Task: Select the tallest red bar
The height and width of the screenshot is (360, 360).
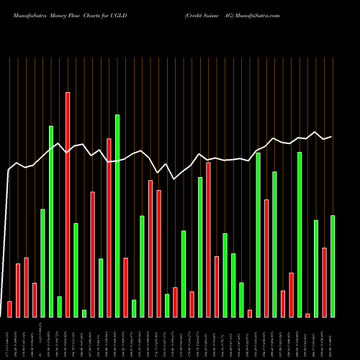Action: (x=68, y=204)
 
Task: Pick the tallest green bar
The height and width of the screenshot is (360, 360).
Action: (x=117, y=215)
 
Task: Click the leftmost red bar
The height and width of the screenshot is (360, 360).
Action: (x=9, y=309)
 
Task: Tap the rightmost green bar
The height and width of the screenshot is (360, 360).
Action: (x=333, y=266)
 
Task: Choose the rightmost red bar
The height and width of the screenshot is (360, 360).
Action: (x=324, y=282)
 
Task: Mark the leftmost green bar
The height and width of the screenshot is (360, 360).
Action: (x=42, y=263)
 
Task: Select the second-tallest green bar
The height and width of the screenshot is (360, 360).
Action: (x=51, y=221)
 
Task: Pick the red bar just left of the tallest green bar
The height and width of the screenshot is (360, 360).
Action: (x=109, y=228)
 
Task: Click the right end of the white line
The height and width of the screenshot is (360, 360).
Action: (x=331, y=136)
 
